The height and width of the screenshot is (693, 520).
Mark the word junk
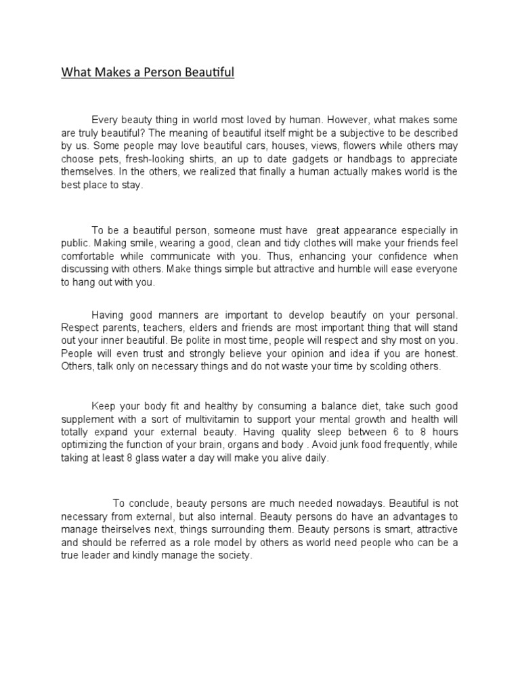[383, 445]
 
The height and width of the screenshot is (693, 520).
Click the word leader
[101, 556]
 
